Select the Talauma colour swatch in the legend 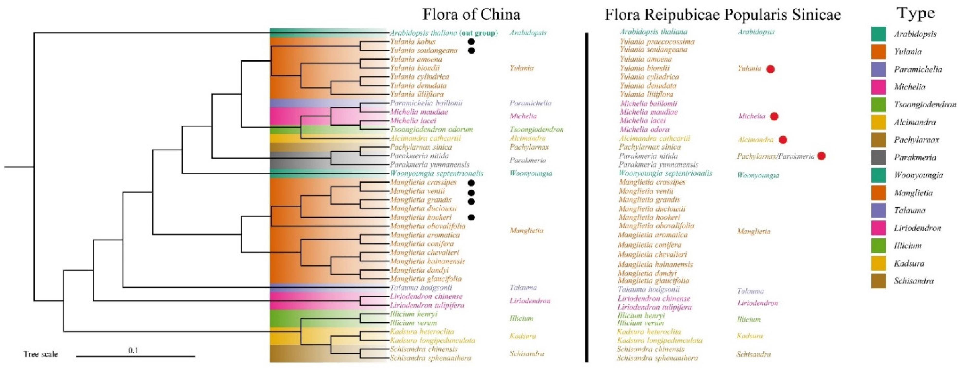point(878,210)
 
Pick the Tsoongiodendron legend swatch point(878,105)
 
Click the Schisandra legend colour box point(878,281)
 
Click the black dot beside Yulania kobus point(471,42)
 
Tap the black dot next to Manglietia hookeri point(471,217)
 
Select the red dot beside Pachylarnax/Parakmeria point(821,156)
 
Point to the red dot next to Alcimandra point(783,140)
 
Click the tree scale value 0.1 point(133,350)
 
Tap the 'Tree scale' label point(40,354)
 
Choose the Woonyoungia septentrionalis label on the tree point(437,173)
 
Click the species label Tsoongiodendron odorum point(431,129)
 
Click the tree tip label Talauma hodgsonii point(421,288)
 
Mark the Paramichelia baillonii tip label point(426,103)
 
